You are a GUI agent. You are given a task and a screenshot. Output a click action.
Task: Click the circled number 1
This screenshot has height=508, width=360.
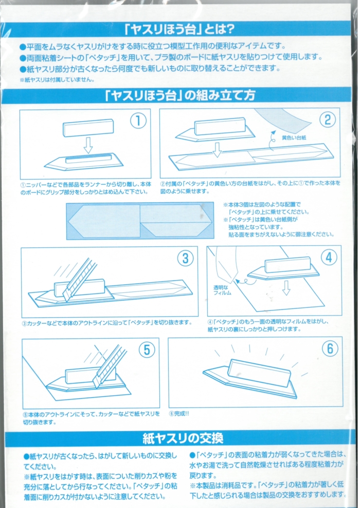tap(138, 121)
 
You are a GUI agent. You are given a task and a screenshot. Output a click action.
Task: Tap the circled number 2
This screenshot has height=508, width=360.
tap(328, 120)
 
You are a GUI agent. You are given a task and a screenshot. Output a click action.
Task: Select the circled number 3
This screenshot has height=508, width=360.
tap(185, 258)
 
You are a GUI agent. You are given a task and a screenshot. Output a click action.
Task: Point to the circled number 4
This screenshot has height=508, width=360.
tap(329, 258)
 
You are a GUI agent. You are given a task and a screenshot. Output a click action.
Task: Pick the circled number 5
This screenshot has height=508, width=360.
tap(147, 350)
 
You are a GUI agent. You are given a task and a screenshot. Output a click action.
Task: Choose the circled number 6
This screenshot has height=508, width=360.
tap(330, 348)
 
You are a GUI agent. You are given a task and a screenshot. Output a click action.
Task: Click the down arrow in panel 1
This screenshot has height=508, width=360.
tap(88, 145)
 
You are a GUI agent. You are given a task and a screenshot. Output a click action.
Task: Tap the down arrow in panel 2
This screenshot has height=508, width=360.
tap(217, 149)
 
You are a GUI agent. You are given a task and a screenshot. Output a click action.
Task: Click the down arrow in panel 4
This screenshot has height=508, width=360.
tap(286, 288)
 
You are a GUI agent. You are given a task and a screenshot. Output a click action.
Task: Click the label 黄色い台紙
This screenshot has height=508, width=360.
tap(294, 138)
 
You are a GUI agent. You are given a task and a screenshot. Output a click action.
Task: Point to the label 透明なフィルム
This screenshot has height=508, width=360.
tap(222, 290)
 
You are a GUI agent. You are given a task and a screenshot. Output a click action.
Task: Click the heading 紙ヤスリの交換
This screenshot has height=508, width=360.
tap(183, 438)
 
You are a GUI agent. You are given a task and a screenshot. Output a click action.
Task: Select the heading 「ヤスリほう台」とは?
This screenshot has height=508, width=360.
tap(179, 29)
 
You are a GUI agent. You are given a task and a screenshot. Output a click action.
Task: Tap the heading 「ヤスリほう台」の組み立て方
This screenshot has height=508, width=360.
tap(180, 95)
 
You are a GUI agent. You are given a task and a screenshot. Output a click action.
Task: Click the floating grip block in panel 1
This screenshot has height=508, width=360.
tap(88, 128)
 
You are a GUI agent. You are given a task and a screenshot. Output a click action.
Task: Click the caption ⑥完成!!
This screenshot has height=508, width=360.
tap(179, 414)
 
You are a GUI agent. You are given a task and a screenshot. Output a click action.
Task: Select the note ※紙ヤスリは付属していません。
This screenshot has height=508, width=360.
tap(57, 80)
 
